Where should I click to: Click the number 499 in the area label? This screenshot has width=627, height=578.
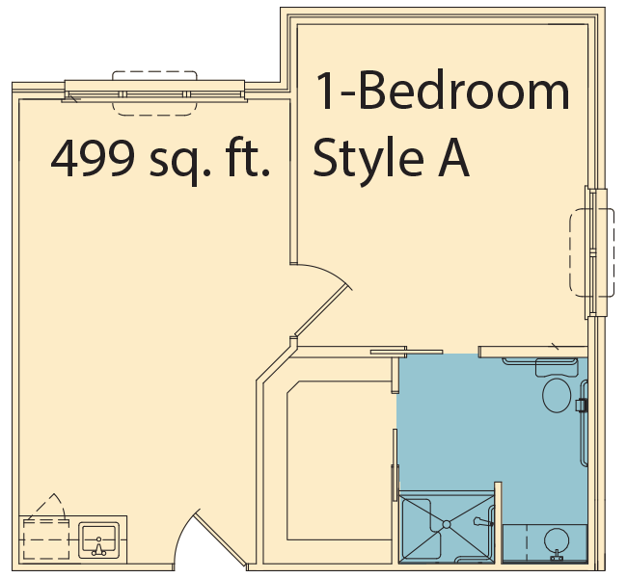(93, 159)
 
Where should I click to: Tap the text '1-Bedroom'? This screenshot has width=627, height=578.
(443, 91)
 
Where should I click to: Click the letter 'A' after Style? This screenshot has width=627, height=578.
(453, 157)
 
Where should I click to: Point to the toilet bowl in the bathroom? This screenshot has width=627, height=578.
(557, 395)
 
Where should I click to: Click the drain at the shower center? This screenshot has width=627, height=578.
(447, 524)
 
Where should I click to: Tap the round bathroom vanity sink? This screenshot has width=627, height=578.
(557, 540)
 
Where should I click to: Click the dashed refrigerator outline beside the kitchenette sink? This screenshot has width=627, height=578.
(46, 539)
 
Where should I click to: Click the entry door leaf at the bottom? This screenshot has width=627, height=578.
(220, 540)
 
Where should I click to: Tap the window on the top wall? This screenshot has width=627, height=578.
(154, 94)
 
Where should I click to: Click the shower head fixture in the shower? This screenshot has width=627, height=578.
(482, 522)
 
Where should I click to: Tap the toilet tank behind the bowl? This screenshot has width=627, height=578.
(557, 367)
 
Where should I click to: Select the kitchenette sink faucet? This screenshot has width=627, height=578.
(98, 547)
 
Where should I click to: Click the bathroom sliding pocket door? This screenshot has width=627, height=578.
(406, 352)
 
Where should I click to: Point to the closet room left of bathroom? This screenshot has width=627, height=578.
(340, 460)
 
